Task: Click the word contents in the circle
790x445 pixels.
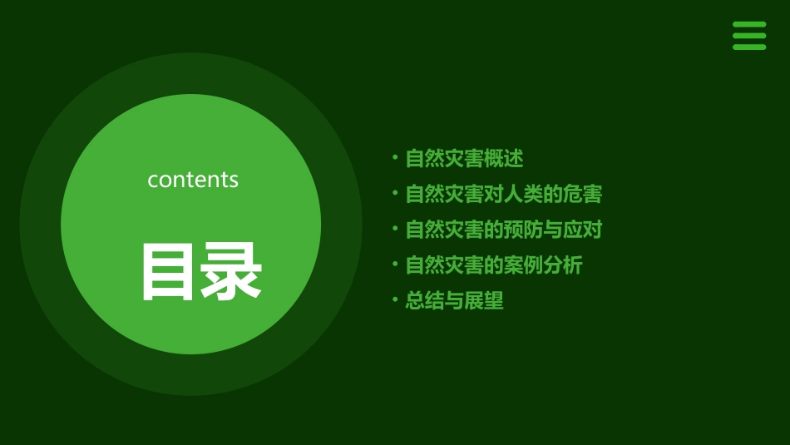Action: [193, 180]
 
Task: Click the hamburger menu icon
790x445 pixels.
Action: [748, 36]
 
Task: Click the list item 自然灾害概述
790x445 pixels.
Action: [464, 158]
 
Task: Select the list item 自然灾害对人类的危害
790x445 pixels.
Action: [503, 194]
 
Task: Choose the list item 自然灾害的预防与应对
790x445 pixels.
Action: [503, 230]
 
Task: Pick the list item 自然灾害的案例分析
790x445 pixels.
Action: [494, 265]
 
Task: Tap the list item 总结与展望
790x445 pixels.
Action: [454, 301]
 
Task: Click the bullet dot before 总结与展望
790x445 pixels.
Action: [395, 299]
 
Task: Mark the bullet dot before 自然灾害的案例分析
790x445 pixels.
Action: [395, 264]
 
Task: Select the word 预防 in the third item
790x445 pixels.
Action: [523, 230]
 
